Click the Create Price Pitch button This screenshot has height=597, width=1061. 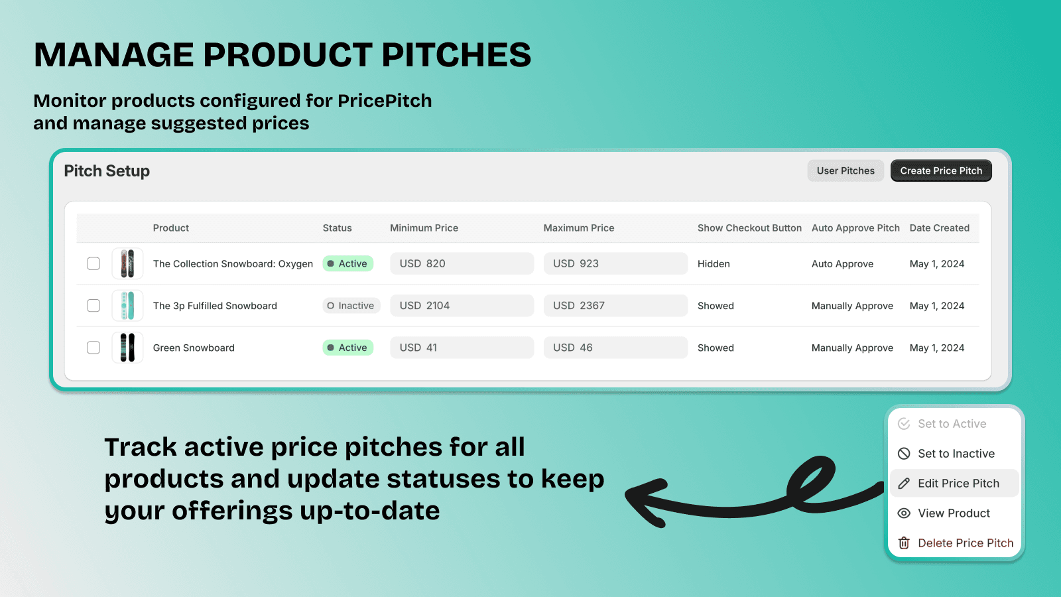pos(941,170)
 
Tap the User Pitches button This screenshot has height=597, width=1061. pos(845,170)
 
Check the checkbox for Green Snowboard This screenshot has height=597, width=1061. pos(94,348)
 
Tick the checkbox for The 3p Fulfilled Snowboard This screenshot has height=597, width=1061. pos(94,306)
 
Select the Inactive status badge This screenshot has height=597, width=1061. pos(351,306)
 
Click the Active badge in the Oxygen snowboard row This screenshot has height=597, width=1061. pos(347,263)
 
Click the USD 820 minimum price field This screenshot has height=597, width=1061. pos(462,263)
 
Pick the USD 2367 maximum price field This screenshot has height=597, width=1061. pos(615,306)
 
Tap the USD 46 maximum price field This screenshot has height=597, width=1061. pos(615,348)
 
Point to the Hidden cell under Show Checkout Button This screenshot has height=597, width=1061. pos(714,264)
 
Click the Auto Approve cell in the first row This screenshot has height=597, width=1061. pos(842,264)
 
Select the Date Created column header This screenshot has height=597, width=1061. pos(939,228)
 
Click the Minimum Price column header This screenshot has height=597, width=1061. pos(424,228)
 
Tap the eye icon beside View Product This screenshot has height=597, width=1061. pos(904,513)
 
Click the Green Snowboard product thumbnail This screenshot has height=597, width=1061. pos(127,348)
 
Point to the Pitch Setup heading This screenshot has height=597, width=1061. pos(107,171)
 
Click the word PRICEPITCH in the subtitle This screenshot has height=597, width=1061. pos(385,100)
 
